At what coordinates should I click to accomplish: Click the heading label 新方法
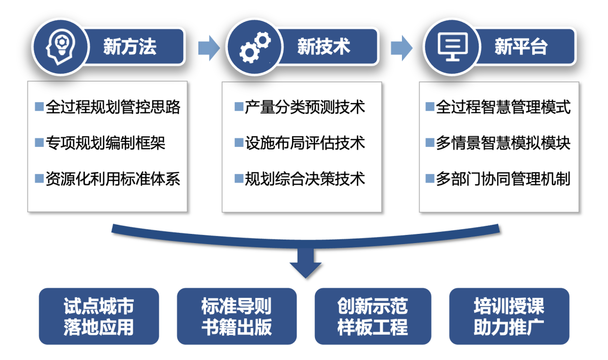coord(129,47)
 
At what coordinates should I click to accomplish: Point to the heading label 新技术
coord(324,47)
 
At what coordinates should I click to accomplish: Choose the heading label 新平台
coord(520,47)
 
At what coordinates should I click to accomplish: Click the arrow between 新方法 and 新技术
coord(209,47)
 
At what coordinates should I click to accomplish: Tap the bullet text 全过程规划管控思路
coord(113,107)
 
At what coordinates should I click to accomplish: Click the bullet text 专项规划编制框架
coord(105,143)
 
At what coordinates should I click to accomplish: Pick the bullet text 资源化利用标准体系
coord(113,179)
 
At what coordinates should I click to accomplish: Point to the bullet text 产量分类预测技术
coord(305,107)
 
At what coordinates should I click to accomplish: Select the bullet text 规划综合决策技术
coord(305,179)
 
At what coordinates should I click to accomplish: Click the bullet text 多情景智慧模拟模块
coord(503,143)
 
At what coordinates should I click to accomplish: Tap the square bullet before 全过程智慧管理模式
coord(430,107)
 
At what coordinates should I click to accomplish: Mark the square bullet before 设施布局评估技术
coord(239,142)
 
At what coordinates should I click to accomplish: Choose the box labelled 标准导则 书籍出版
coord(237,316)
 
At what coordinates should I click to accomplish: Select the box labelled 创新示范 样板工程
coord(373,316)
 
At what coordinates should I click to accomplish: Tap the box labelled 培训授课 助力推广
coord(509,316)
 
